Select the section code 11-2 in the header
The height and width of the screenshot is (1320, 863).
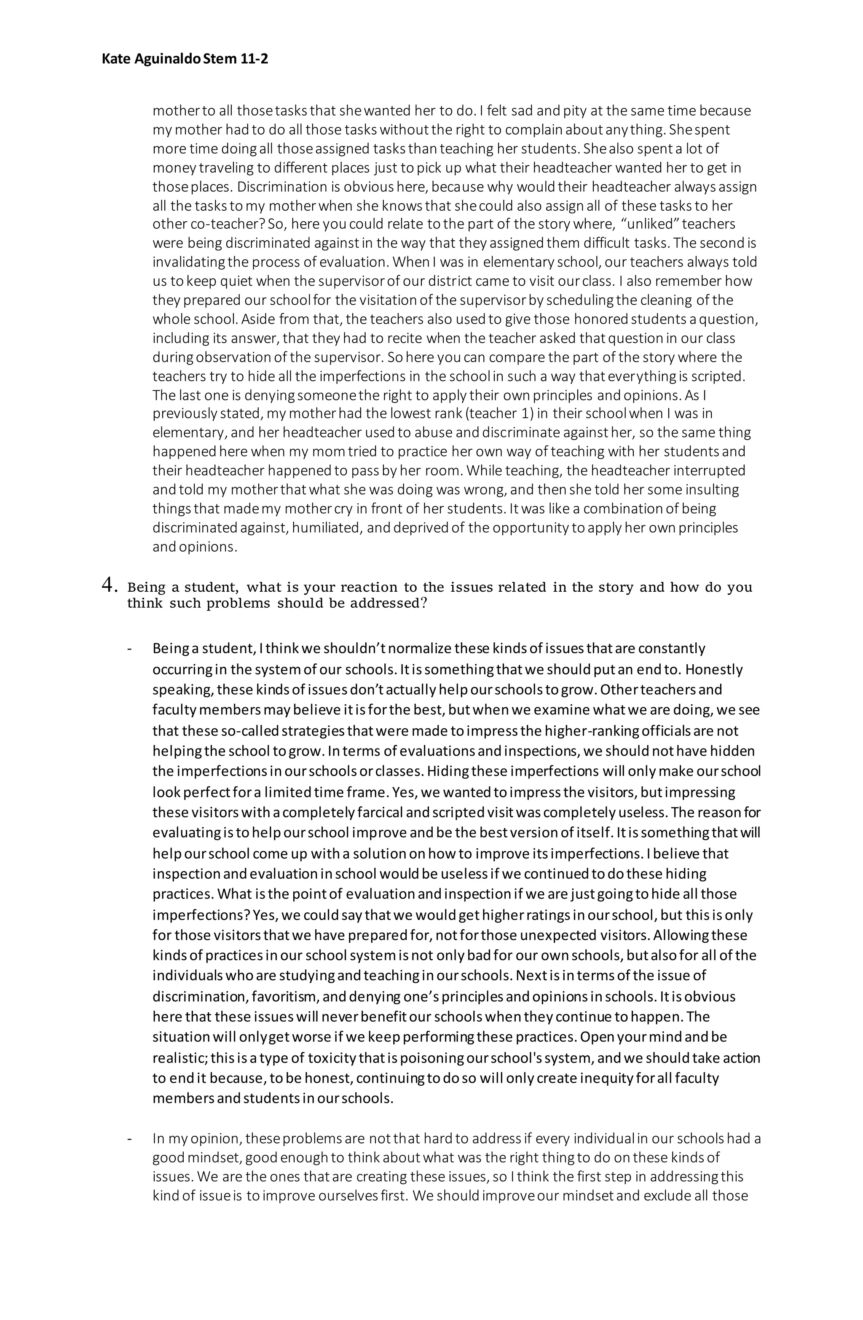tap(254, 59)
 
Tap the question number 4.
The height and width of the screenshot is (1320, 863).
tap(109, 585)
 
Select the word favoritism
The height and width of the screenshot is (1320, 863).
tap(284, 997)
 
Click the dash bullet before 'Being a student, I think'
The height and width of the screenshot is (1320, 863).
tap(130, 649)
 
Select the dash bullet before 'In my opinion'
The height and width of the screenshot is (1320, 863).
tap(130, 1139)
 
